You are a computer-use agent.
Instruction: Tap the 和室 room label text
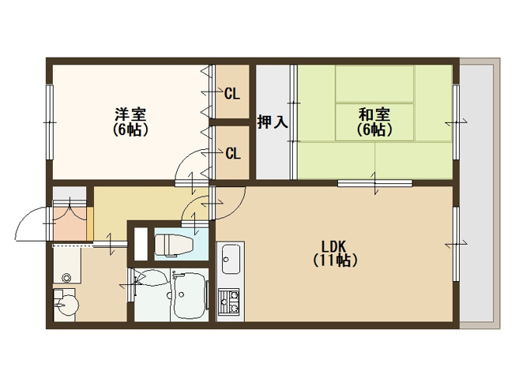tap(374, 114)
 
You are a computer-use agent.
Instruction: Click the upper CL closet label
tap(232, 94)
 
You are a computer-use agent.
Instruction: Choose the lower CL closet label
tap(232, 153)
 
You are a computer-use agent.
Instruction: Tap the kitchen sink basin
tap(231, 257)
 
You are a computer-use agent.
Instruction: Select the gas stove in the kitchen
tap(231, 301)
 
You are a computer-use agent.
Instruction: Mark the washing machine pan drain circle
tap(68, 278)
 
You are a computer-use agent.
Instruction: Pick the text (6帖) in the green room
tap(374, 129)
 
